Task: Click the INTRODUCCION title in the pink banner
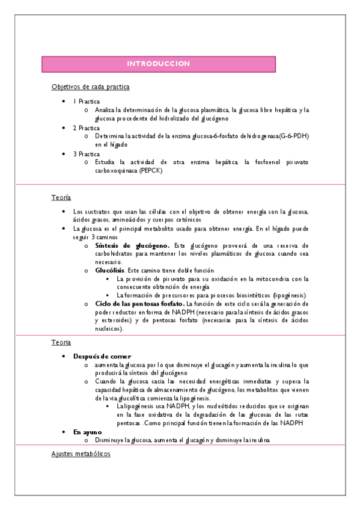159,64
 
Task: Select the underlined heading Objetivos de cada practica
90,87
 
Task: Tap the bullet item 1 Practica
87,102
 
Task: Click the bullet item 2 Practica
87,128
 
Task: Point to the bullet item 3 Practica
87,154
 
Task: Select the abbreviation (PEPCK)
151,171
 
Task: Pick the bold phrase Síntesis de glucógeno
132,245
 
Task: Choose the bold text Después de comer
102,357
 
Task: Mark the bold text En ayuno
88,432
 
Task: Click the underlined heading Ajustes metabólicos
81,454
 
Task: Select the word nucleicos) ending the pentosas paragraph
109,329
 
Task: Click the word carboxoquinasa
116,171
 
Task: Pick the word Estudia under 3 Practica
106,162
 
